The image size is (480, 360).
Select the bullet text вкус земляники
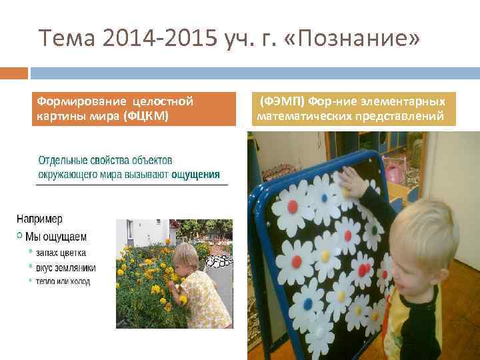(66, 267)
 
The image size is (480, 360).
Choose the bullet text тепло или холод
(63, 281)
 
